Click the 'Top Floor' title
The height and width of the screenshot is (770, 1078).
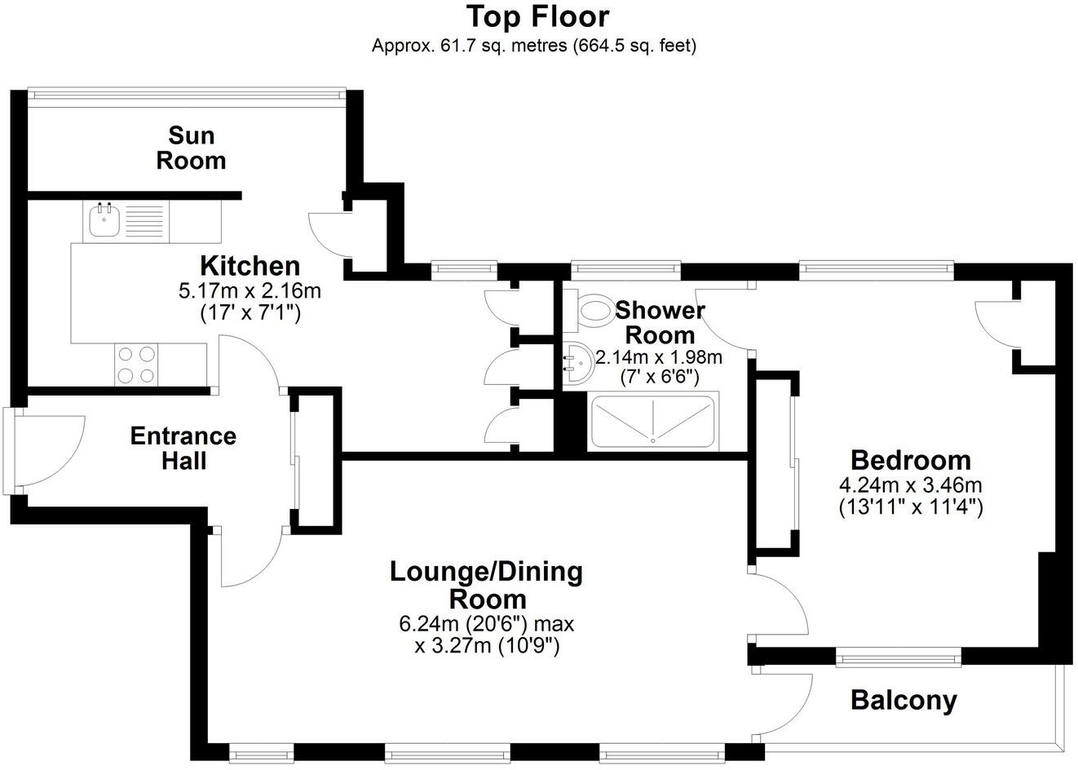point(537,16)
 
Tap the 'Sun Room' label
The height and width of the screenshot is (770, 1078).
point(191,148)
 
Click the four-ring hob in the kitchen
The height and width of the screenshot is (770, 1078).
point(137,365)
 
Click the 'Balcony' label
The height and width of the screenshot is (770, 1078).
point(903,700)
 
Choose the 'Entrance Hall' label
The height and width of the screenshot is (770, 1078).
point(183,448)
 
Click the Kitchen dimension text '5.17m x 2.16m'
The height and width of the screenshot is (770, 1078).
point(250,290)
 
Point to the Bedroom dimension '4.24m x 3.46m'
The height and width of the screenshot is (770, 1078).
point(911,485)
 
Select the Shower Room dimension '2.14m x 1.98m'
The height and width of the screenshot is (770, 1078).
point(659,357)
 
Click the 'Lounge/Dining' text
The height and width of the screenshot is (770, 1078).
point(486,572)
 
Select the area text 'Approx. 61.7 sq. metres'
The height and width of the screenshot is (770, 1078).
point(470,46)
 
